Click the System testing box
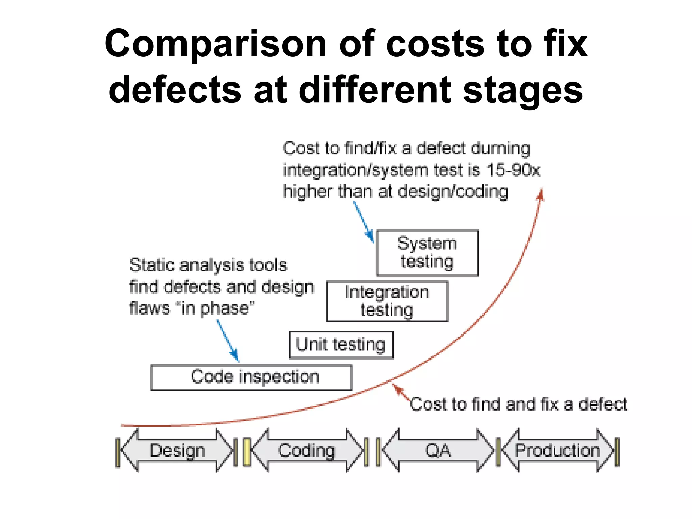pyautogui.click(x=427, y=253)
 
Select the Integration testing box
pyautogui.click(x=387, y=301)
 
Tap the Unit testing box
pyautogui.click(x=341, y=345)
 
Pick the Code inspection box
pyautogui.click(x=251, y=377)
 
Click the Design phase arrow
pyautogui.click(x=177, y=450)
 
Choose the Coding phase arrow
pyautogui.click(x=307, y=450)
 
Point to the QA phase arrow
pyautogui.click(x=438, y=450)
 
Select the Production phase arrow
pyautogui.click(x=558, y=450)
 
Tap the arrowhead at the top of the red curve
pyautogui.click(x=541, y=194)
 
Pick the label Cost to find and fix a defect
pyautogui.click(x=518, y=404)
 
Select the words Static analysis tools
pyautogui.click(x=208, y=265)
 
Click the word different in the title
pyautogui.click(x=375, y=90)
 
